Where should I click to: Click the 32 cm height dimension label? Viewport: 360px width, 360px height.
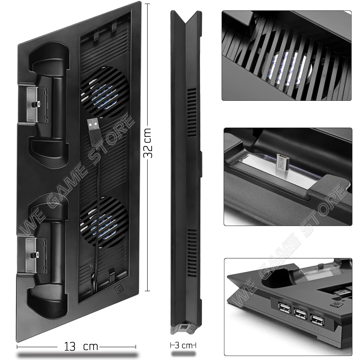(x=148, y=143)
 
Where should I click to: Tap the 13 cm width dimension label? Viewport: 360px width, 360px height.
(x=80, y=346)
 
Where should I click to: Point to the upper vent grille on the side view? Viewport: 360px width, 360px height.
(x=192, y=110)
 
